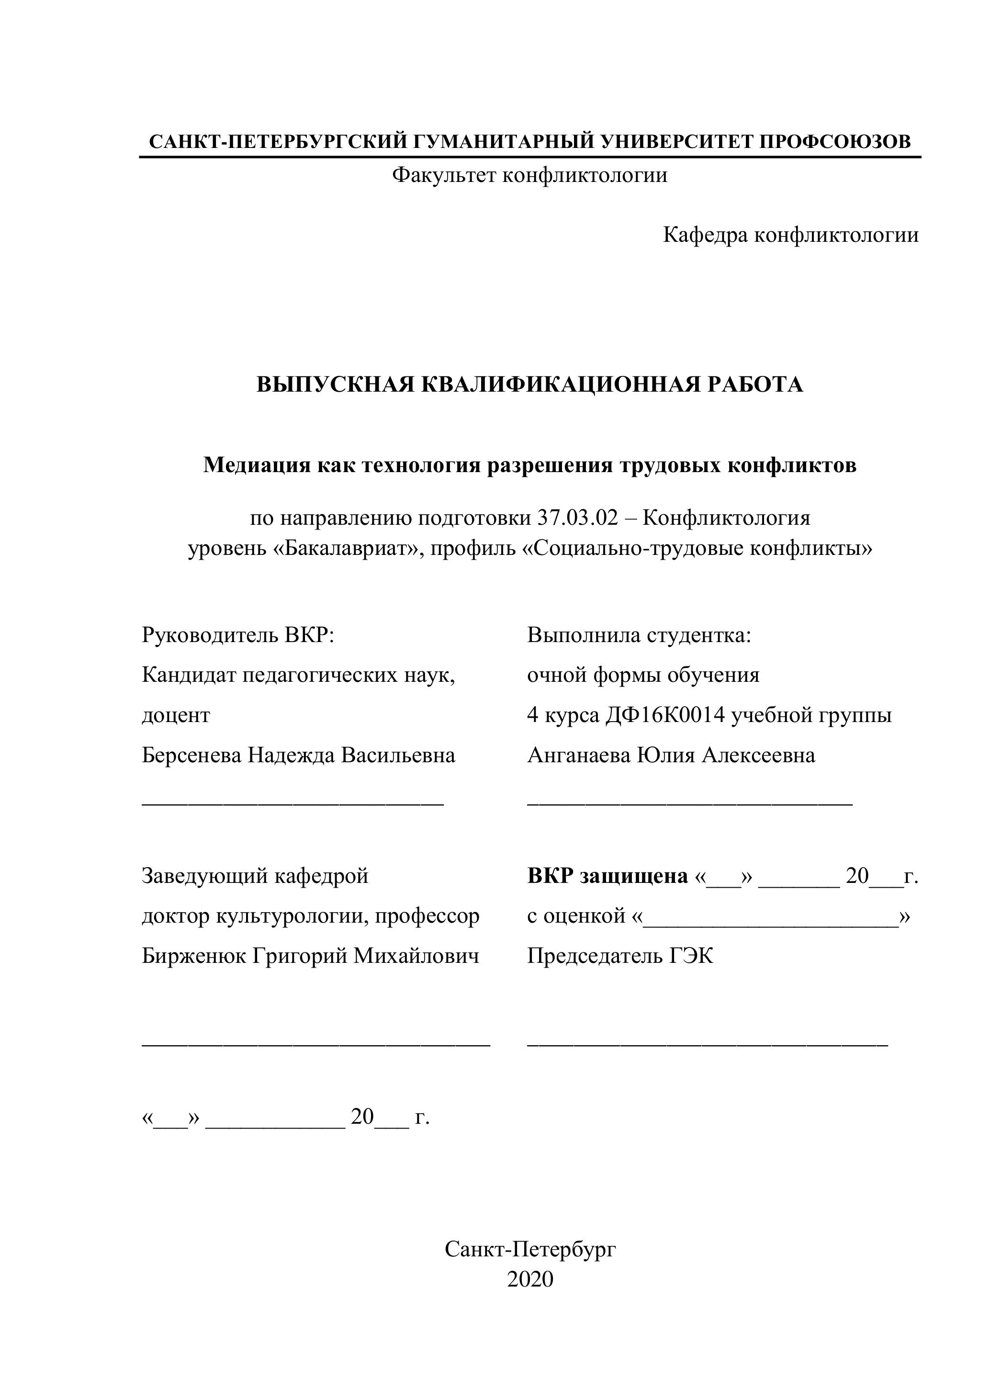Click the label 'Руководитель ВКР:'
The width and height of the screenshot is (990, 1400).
click(x=238, y=635)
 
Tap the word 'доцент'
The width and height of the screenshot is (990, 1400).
click(x=176, y=715)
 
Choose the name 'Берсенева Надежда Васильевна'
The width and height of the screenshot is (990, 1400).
click(x=298, y=756)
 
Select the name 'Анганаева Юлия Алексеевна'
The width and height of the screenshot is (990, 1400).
click(x=671, y=756)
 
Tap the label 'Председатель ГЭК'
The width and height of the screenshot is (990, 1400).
click(x=619, y=956)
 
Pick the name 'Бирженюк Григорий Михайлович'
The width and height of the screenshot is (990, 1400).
click(x=310, y=956)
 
